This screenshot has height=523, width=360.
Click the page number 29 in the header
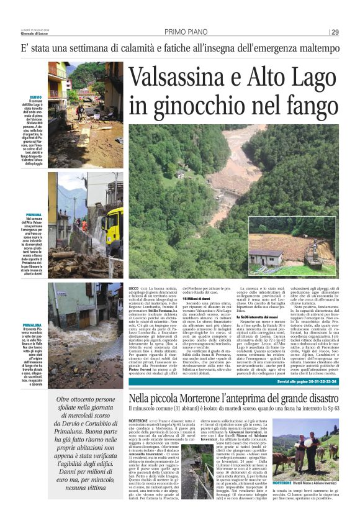click(335, 32)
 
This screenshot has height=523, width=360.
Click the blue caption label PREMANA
click(35, 214)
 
